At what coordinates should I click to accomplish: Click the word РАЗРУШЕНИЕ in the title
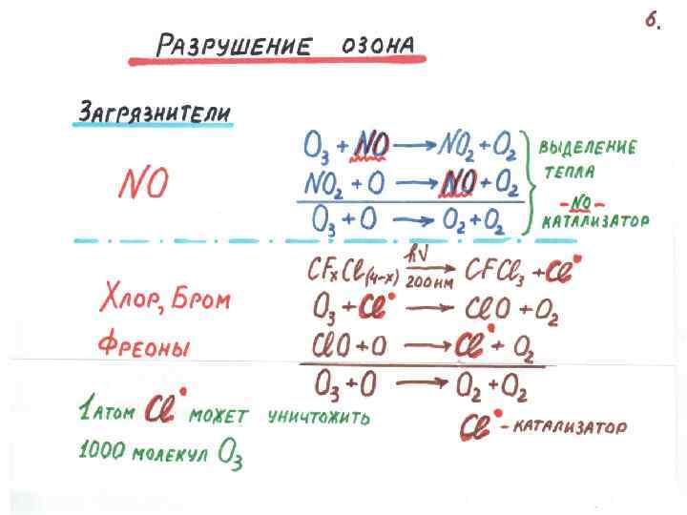coord(234,45)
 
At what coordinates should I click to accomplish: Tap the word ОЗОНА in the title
coord(378,45)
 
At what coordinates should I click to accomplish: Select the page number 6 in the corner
coord(653,22)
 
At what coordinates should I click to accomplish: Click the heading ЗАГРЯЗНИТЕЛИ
coord(153,113)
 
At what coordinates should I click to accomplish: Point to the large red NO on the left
coord(142,183)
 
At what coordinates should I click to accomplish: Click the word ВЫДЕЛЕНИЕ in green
coord(588,149)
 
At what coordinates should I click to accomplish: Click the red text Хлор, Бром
coord(165,301)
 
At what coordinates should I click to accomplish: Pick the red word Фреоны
coord(145,345)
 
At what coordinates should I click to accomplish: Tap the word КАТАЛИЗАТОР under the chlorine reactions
coord(570,428)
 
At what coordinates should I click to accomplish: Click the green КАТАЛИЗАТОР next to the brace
coord(594,222)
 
